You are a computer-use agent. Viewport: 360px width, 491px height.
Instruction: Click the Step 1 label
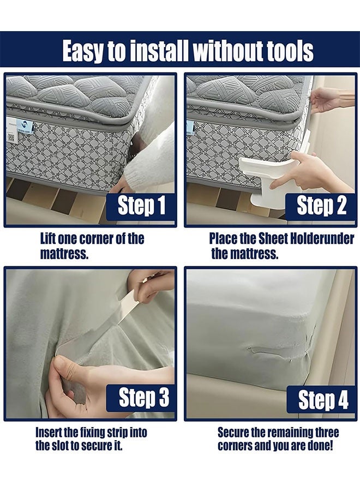(141, 206)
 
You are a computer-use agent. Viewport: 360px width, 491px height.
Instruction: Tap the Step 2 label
(321, 206)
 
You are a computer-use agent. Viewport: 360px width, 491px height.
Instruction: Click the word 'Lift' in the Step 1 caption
(47, 238)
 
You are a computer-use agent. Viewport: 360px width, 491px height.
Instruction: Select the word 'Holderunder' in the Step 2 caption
(322, 238)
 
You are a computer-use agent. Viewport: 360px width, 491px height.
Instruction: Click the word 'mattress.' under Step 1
(64, 253)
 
